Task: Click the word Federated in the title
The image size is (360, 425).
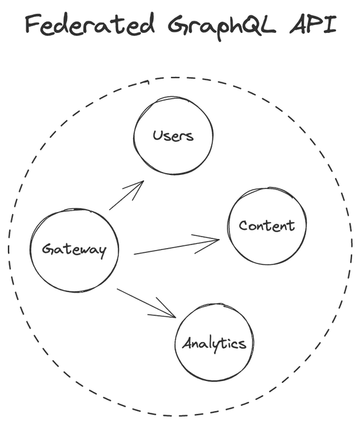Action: [90, 24]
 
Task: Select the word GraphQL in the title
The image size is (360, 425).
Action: [221, 26]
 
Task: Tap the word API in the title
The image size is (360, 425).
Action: [313, 24]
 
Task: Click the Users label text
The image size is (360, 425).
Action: [173, 135]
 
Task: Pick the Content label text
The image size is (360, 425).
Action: [267, 226]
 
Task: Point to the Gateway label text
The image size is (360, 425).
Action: [74, 250]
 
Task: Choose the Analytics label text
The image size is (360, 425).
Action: [214, 344]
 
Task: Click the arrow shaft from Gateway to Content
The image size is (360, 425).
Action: [176, 247]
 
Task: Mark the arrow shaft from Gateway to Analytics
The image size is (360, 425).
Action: [146, 303]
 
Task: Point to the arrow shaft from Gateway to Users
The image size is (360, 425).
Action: [126, 195]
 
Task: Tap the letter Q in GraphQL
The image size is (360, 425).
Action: [249, 24]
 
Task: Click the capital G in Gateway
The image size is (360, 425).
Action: [48, 249]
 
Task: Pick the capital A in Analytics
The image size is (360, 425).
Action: [187, 343]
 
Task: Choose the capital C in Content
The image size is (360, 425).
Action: [243, 226]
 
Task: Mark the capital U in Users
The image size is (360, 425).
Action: [157, 135]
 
